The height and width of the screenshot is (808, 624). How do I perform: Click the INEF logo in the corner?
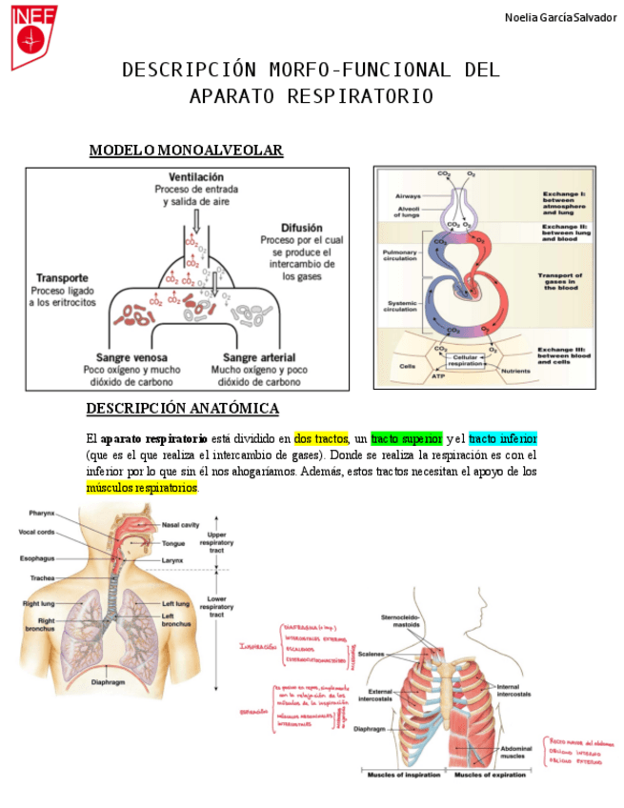pyautogui.click(x=33, y=36)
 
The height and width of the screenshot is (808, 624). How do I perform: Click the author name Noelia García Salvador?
pyautogui.click(x=560, y=17)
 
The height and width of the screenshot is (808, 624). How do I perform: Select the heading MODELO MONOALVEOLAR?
pyautogui.click(x=186, y=151)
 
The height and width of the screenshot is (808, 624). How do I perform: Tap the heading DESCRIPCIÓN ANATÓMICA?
pyautogui.click(x=182, y=409)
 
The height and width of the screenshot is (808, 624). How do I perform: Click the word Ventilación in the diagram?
pyautogui.click(x=196, y=177)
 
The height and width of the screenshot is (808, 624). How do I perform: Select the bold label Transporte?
pyautogui.click(x=63, y=277)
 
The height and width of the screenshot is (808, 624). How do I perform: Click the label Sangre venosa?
pyautogui.click(x=131, y=357)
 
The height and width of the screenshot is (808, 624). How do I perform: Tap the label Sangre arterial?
pyautogui.click(x=259, y=357)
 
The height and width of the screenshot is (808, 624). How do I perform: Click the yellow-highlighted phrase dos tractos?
pyautogui.click(x=321, y=439)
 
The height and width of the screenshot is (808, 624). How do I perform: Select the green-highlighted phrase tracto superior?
pyautogui.click(x=407, y=439)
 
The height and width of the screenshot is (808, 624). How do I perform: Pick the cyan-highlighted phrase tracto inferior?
pyautogui.click(x=503, y=439)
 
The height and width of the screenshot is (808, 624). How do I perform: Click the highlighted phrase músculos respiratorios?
pyautogui.click(x=142, y=488)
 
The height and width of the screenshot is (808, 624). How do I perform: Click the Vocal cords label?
pyautogui.click(x=37, y=532)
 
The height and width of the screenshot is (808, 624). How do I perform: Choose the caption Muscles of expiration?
pyautogui.click(x=490, y=775)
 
